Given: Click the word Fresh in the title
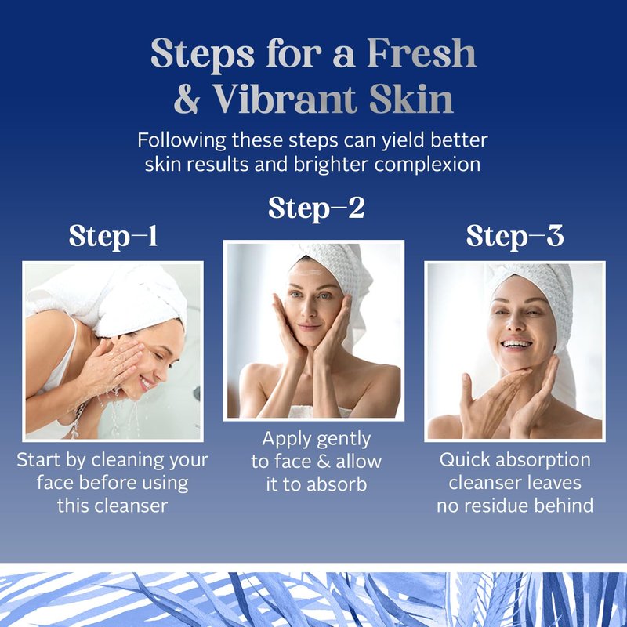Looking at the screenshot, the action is coord(422,53).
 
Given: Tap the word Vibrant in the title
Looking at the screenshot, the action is coord(285,99).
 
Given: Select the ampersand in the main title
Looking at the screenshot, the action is coord(187,100).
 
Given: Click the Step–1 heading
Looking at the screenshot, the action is coord(113,236).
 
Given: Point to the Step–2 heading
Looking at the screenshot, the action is coord(317,208).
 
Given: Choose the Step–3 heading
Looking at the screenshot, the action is coord(515,236).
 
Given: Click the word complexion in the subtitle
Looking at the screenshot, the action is coord(427,165).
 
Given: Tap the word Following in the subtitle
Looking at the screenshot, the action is coord(182,140).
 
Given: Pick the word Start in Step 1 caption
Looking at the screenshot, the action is coord(38,460).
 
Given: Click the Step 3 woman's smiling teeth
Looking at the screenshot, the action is coord(516,344).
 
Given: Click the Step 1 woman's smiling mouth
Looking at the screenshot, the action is coord(146,384).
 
